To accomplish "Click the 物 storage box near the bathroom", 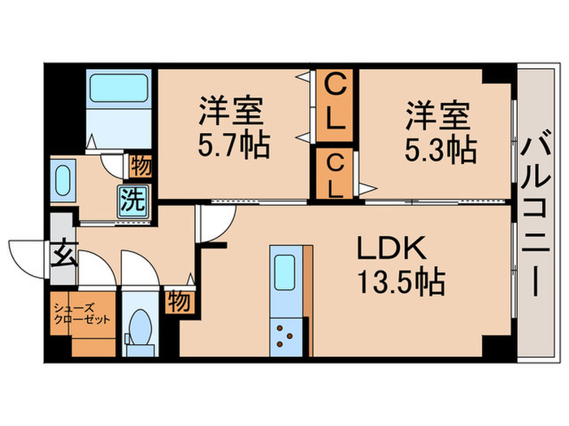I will (141, 167).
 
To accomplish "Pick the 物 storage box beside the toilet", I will (179, 301).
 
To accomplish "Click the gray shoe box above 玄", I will (62, 225).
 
